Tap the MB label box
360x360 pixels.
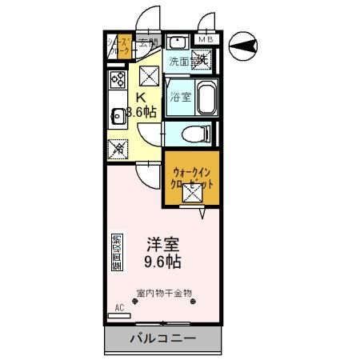point(206,38)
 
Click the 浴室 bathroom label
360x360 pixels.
point(180,97)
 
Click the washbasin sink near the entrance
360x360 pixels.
point(177,42)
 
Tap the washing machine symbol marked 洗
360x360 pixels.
point(203,58)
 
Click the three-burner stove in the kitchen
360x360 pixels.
point(116,79)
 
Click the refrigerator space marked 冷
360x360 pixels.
point(118,147)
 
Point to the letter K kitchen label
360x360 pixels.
point(139,97)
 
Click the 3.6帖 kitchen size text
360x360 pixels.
point(140,112)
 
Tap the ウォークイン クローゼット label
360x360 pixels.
point(190,176)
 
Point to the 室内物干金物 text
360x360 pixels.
point(163,294)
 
